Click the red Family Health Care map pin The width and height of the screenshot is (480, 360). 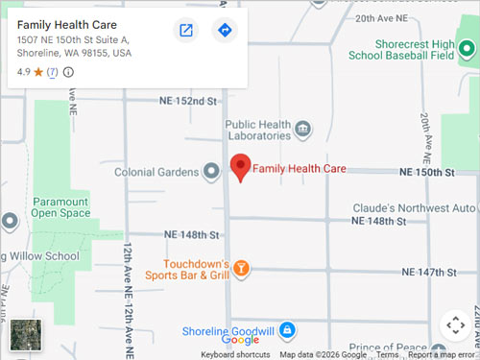[240, 167]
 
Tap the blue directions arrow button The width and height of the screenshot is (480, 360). [225, 31]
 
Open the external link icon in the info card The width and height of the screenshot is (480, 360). [186, 31]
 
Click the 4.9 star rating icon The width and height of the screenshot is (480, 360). [38, 72]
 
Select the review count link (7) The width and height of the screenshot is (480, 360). [52, 72]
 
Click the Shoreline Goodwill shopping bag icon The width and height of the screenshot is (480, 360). [286, 331]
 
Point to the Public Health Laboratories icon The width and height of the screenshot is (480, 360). [303, 129]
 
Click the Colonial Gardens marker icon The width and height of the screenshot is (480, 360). [211, 173]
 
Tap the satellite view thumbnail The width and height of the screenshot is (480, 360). [23, 336]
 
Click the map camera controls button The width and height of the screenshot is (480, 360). [455, 324]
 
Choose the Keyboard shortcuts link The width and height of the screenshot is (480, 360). [235, 355]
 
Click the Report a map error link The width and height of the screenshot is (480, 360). [443, 355]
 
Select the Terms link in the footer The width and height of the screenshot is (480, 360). [387, 355]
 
